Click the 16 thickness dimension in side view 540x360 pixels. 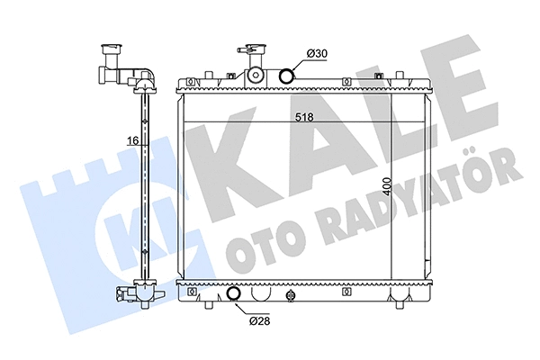[x=131, y=141]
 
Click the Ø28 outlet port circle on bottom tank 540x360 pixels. [x=234, y=293]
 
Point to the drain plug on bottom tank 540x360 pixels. [x=290, y=295]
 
